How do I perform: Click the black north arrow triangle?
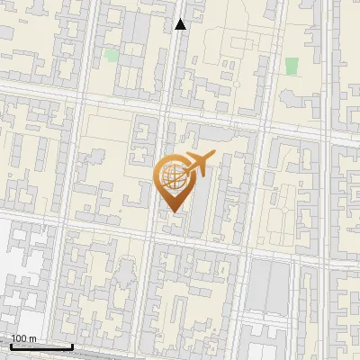pyautogui.click(x=180, y=24)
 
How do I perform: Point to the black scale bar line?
pyautogui.click(x=41, y=346)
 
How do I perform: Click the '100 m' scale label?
pyautogui.click(x=23, y=338)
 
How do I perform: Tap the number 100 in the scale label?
pyautogui.click(x=19, y=338)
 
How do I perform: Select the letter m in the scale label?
pyautogui.click(x=32, y=338)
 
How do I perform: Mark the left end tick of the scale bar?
pyautogui.click(x=11, y=346)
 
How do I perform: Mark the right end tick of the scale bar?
pyautogui.click(x=72, y=346)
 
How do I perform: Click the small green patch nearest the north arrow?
pyautogui.click(x=112, y=55)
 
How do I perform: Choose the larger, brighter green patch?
pyautogui.click(x=292, y=65)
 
